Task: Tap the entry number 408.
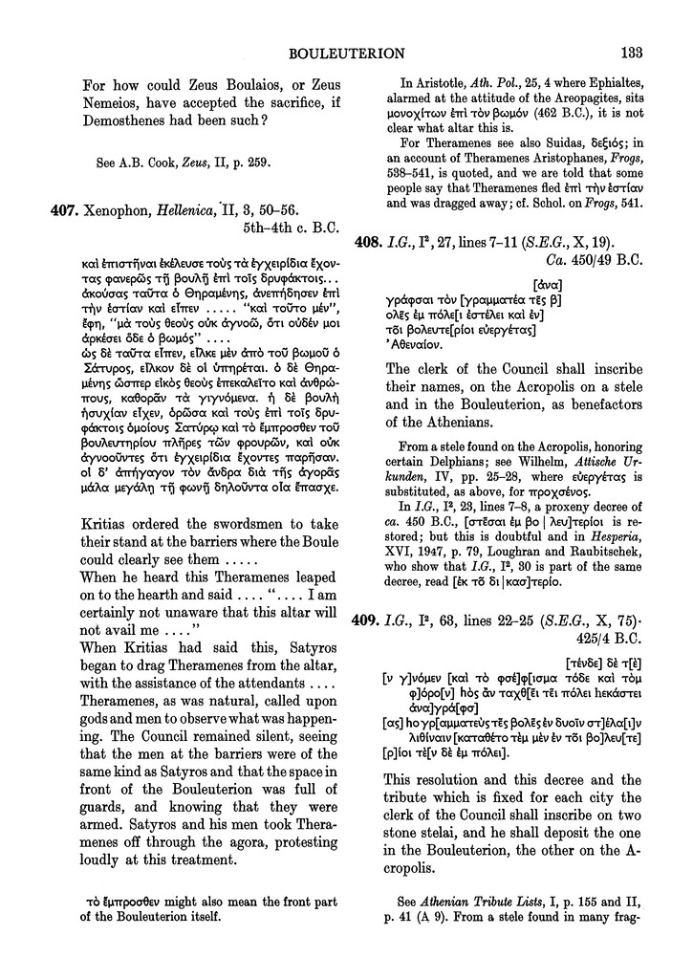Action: pyautogui.click(x=403, y=243)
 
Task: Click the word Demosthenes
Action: pyautogui.click(x=123, y=120)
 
